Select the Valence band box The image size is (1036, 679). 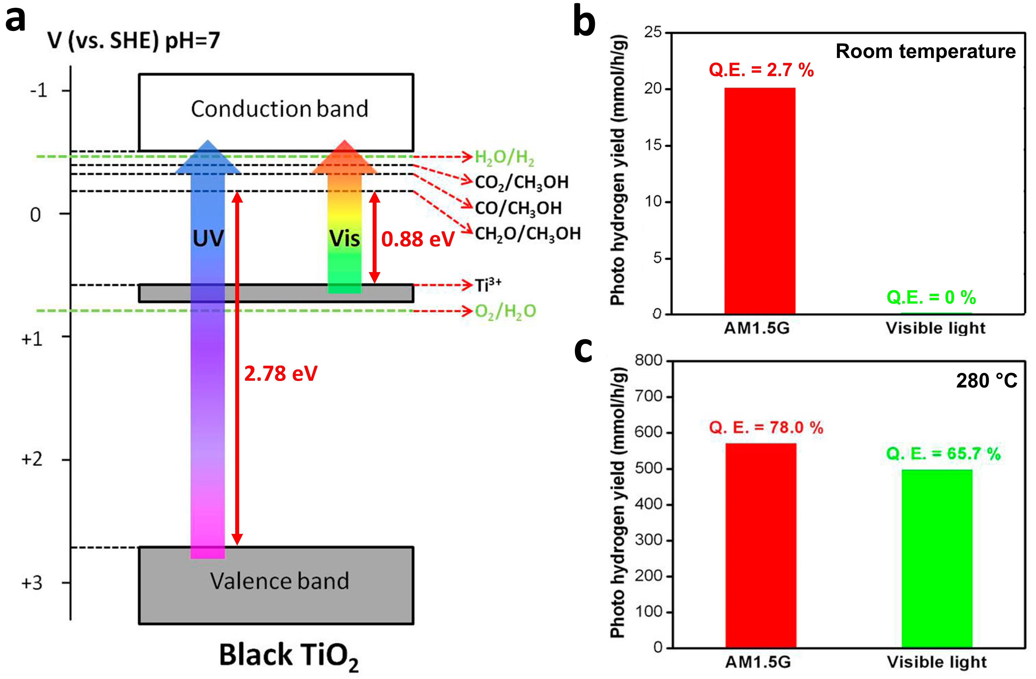click(x=276, y=586)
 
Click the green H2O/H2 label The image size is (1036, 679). click(x=504, y=157)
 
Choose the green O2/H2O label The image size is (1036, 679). click(x=505, y=311)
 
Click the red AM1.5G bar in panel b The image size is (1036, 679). click(x=760, y=200)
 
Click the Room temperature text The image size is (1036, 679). click(x=925, y=51)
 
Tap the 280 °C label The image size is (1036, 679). click(x=986, y=381)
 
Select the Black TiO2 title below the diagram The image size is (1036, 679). click(x=289, y=656)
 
